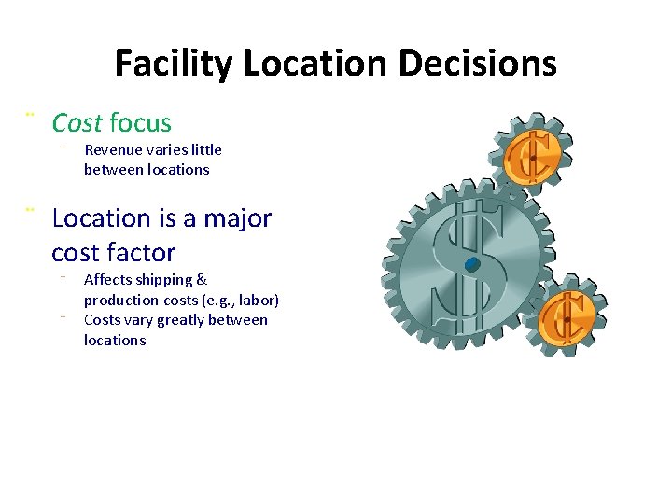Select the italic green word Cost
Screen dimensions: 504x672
77,122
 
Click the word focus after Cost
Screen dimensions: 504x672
140,122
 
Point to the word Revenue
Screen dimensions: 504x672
112,149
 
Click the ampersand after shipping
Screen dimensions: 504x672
203,280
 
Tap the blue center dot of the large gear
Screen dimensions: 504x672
471,265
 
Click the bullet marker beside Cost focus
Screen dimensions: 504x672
30,115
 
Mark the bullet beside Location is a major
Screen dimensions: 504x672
30,211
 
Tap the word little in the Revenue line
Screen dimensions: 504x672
205,149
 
